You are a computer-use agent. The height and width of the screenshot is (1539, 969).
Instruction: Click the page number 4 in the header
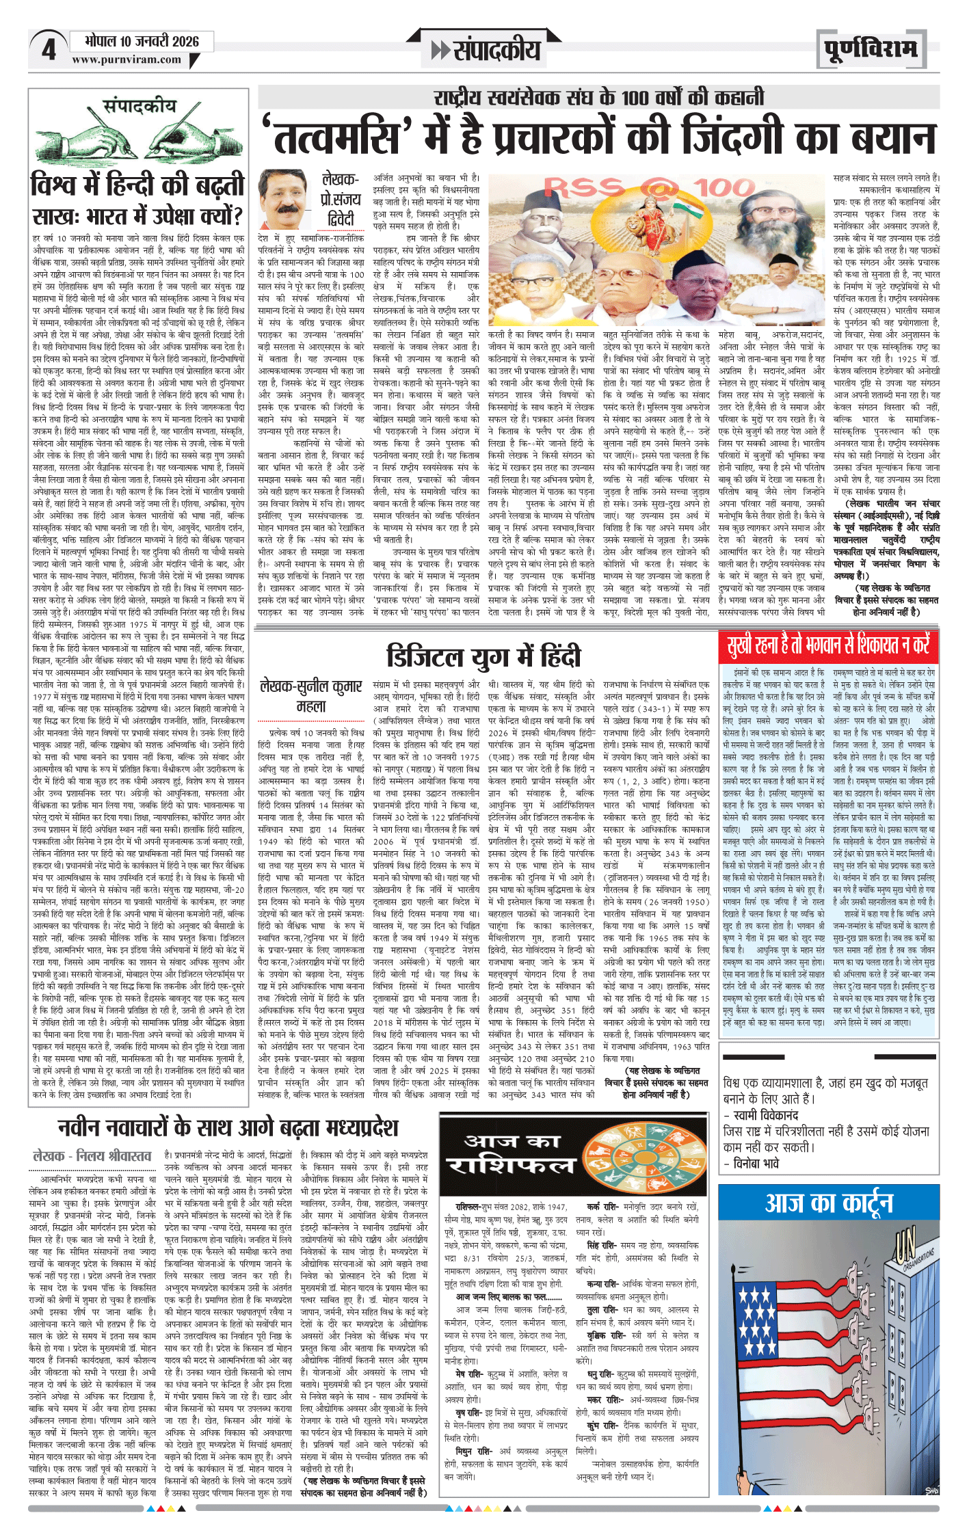tap(49, 50)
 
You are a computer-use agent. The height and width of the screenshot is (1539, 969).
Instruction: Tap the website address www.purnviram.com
tap(127, 59)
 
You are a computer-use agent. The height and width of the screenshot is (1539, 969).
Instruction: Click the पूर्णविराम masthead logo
tap(870, 50)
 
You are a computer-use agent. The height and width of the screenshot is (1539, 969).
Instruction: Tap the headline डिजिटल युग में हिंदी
tap(483, 656)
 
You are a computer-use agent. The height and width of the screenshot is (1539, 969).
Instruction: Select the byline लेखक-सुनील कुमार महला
tap(311, 695)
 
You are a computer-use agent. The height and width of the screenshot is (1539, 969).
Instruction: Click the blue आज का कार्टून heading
tap(829, 1203)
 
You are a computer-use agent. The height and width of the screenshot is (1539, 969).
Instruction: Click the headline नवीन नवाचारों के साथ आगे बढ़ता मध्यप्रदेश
tap(228, 1127)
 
